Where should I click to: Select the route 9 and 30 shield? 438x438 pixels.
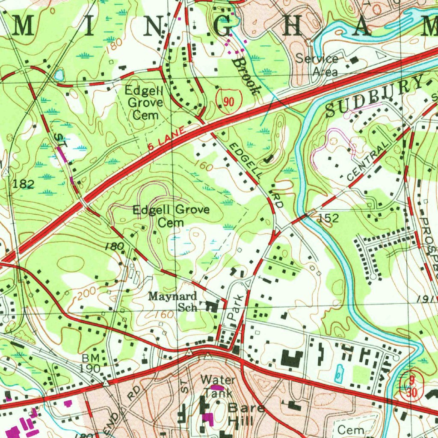[411, 386]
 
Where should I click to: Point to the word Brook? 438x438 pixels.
[247, 76]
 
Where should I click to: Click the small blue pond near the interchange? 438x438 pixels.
[59, 76]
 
